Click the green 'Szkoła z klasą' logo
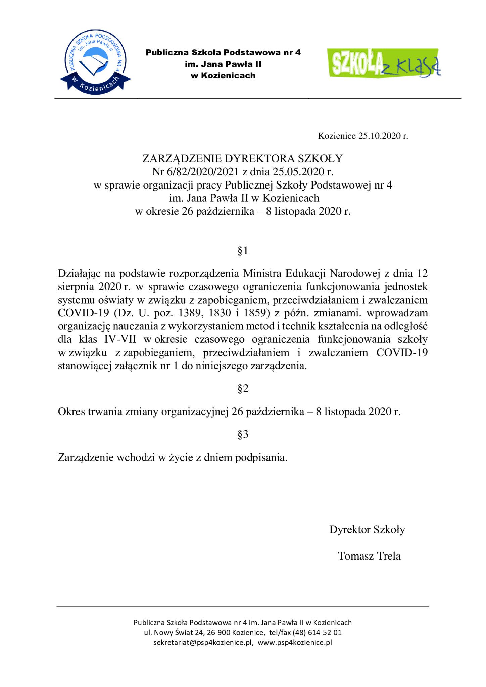(385, 63)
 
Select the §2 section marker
(243, 388)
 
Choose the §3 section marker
(243, 434)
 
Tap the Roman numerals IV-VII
(120, 339)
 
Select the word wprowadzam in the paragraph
(397, 313)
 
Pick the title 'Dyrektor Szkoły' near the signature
(367, 529)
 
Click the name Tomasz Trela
(369, 556)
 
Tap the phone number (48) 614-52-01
(317, 633)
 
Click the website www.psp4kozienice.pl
(295, 643)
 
